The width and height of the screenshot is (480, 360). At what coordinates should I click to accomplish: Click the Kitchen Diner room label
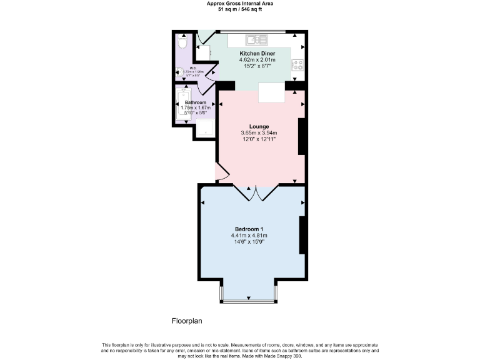coord(257,54)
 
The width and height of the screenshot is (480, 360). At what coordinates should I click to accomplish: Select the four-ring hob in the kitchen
coord(297,64)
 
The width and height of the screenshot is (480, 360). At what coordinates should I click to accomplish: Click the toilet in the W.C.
coord(182,43)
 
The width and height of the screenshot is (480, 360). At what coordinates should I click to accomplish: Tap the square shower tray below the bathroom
coord(204,129)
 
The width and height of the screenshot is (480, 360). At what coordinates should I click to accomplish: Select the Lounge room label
coord(259,127)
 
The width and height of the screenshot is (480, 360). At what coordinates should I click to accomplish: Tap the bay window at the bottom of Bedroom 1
coord(249,301)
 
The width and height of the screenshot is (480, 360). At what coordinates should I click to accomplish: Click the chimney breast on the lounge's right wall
coord(301,136)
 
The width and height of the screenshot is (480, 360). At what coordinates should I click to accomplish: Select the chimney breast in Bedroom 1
coord(302,235)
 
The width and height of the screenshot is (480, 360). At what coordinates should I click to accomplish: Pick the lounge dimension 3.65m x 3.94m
coord(259,133)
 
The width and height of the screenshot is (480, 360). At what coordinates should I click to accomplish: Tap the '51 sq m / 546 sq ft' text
coord(240,9)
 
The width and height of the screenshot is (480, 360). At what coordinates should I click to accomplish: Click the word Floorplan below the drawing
coord(187,321)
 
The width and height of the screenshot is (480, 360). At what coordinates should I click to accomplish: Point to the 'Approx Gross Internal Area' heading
coord(240,3)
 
